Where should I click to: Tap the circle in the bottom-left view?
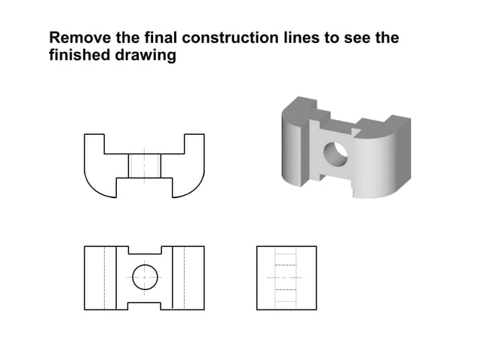click(144, 277)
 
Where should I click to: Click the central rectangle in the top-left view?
click(144, 166)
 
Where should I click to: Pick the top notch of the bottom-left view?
click(144, 251)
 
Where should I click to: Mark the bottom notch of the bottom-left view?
click(144, 304)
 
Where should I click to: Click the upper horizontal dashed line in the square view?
click(286, 266)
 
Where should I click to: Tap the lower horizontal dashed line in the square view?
click(286, 289)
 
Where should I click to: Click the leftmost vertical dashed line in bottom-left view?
click(104, 277)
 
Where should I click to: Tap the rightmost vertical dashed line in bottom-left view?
click(184, 277)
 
